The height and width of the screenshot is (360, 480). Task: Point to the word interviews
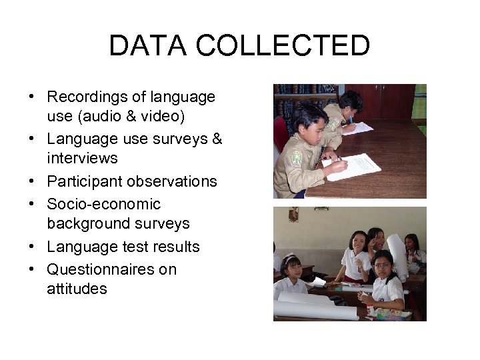pos(82,159)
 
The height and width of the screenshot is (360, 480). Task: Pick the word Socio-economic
pos(103,204)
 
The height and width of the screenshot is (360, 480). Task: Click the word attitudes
pos(77,289)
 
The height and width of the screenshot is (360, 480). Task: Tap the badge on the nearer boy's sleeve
pos(297,158)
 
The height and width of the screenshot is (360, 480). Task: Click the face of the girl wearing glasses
pos(383,267)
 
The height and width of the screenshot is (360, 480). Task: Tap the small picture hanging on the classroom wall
pos(293,214)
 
